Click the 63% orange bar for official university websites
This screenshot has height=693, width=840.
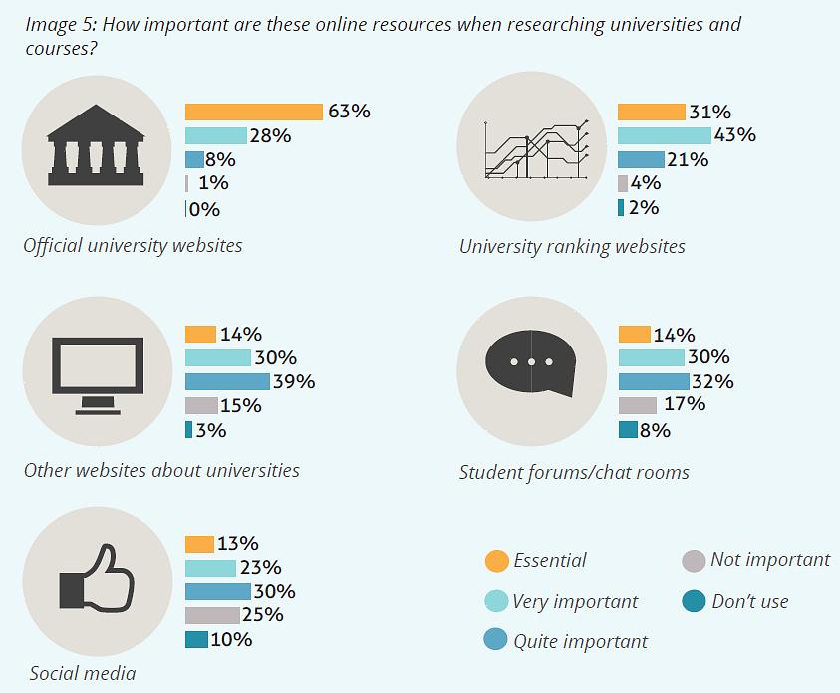point(254,112)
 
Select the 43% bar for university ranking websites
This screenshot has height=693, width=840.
point(664,135)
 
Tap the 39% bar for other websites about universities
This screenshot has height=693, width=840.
point(227,381)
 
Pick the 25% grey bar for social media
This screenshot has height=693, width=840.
point(212,615)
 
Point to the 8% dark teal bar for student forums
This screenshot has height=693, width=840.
point(628,430)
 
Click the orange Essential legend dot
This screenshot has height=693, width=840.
point(496,561)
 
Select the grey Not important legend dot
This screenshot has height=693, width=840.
point(694,561)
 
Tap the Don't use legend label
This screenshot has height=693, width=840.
point(749,601)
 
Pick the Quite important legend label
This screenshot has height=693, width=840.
point(580,641)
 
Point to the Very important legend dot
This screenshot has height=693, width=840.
point(496,601)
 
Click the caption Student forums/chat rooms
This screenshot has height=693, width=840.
point(574,472)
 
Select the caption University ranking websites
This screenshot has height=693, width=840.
point(572,246)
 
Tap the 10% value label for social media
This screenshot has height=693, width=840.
point(231,639)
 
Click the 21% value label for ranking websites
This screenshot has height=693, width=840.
point(689,159)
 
